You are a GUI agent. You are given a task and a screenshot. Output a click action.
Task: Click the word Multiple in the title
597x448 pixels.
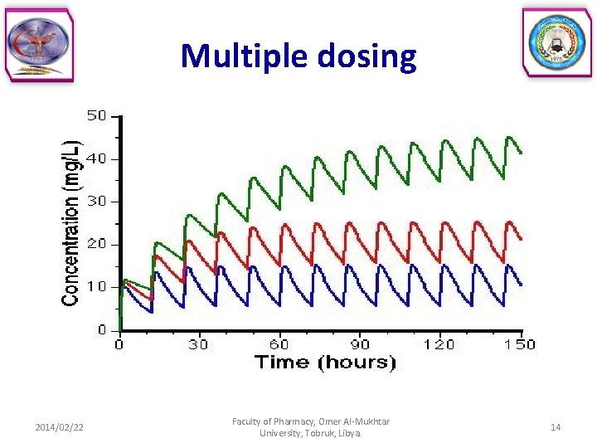tap(240, 56)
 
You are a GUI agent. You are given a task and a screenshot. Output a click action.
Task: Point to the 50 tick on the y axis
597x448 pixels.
tap(97, 115)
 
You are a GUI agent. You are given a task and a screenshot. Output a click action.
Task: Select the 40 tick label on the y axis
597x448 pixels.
tap(97, 158)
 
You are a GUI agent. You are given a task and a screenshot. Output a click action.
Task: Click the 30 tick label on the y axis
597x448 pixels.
tap(97, 202)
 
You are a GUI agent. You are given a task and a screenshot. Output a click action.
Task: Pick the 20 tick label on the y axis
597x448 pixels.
tap(97, 245)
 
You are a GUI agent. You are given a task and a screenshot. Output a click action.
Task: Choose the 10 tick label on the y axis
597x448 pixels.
tap(97, 287)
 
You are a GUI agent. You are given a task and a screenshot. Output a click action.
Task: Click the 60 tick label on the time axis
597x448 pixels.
tap(279, 344)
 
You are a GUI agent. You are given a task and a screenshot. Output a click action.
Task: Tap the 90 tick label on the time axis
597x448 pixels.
tap(359, 344)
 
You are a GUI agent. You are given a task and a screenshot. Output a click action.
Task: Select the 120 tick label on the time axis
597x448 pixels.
tap(439, 344)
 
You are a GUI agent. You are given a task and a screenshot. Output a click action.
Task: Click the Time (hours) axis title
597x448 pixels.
tap(324, 362)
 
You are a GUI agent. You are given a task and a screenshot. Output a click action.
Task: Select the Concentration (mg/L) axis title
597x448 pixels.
tap(72, 222)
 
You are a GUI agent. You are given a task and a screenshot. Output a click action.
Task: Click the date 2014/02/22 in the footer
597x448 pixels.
tap(59, 427)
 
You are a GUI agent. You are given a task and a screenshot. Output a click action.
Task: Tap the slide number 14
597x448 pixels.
tap(556, 427)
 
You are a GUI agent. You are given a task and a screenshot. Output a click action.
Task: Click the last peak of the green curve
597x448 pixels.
tap(509, 137)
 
